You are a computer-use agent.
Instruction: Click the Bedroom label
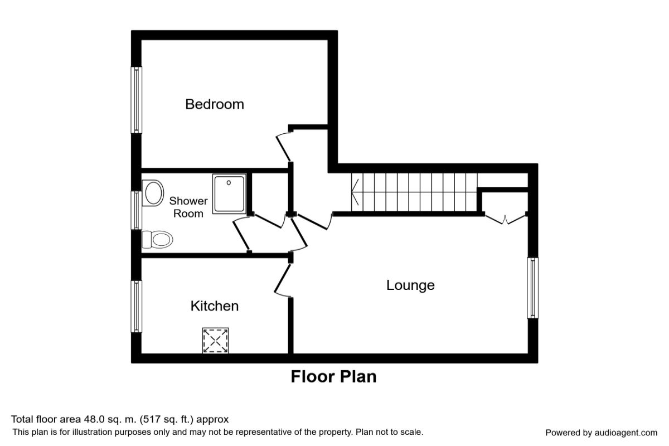(215, 104)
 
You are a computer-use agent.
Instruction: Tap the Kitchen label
(215, 306)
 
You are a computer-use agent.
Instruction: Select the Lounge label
(410, 285)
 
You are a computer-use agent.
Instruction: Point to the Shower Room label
(188, 207)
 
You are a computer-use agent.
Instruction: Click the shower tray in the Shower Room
(229, 194)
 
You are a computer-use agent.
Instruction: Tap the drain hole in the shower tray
(229, 182)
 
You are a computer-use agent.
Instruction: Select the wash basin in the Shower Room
(153, 193)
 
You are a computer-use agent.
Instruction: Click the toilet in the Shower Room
(157, 239)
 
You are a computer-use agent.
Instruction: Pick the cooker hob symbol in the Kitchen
(215, 340)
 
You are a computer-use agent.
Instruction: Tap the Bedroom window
(137, 100)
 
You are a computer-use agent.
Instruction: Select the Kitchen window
(137, 306)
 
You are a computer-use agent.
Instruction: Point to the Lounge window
(532, 288)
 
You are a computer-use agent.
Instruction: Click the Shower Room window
(137, 210)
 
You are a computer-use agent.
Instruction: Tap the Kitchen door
(282, 279)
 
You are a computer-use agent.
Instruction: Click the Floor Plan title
(333, 377)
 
